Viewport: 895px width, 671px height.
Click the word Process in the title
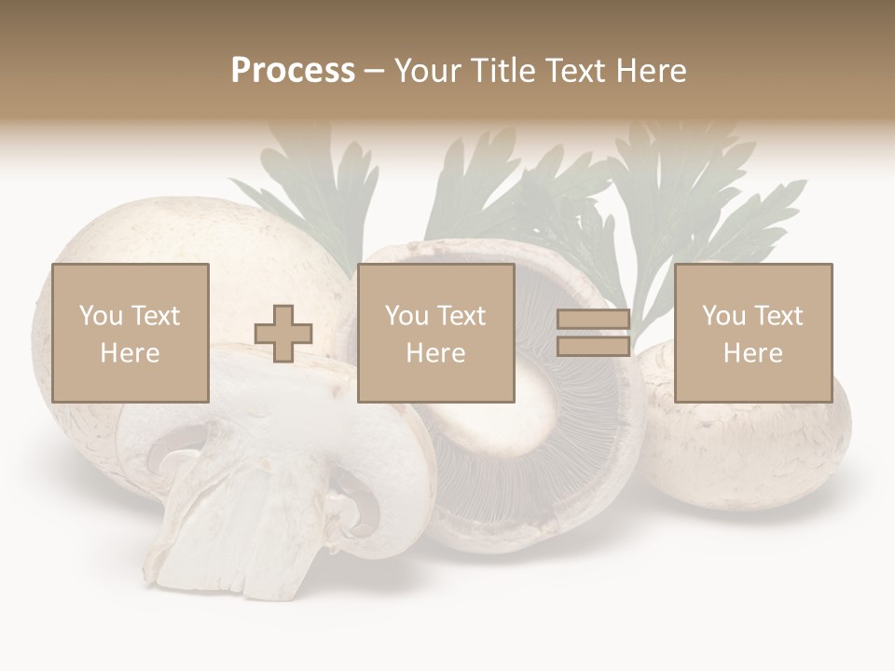(293, 70)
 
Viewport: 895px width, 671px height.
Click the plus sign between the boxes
(283, 334)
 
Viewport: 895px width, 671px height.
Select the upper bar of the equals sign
(593, 321)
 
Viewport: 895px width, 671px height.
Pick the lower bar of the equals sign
(593, 346)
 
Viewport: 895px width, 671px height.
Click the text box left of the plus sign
(130, 333)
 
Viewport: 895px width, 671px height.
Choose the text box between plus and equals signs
(435, 333)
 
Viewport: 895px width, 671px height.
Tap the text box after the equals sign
(752, 333)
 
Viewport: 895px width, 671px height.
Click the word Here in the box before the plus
(130, 352)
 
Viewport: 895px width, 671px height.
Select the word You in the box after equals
(723, 316)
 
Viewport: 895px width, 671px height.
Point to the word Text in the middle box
(462, 316)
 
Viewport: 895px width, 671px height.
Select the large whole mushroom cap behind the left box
(140, 233)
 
